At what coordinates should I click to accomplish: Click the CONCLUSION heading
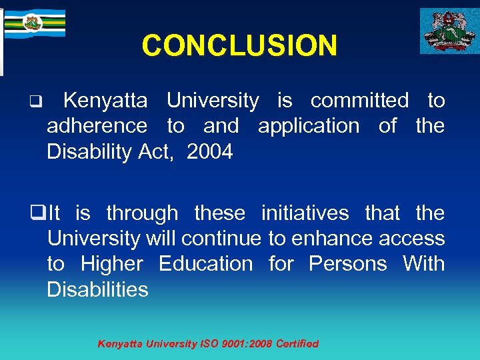click(239, 45)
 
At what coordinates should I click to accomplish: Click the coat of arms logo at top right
click(448, 31)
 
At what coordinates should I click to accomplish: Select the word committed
click(359, 101)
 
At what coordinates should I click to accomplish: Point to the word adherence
click(97, 126)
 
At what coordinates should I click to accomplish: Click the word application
click(308, 126)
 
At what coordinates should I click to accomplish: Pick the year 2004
click(210, 152)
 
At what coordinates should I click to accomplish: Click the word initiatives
click(305, 213)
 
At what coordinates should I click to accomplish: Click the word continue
click(221, 238)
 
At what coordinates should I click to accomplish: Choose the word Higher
click(111, 264)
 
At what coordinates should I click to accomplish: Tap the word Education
click(205, 264)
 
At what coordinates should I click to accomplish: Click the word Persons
click(347, 264)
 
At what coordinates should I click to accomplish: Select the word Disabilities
click(97, 289)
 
